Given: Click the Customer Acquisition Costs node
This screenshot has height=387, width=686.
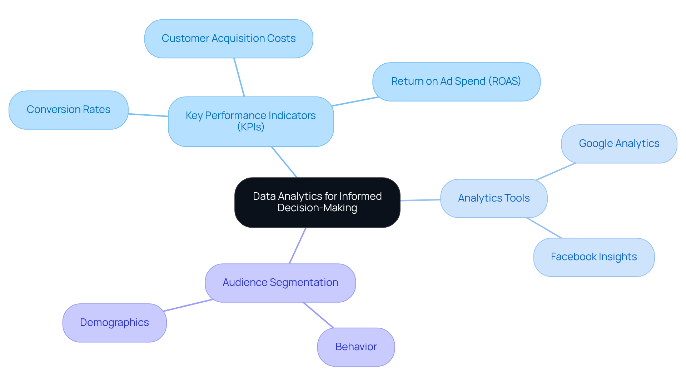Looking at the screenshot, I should click(x=229, y=39).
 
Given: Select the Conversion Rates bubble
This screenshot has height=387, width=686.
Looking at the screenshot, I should click(x=68, y=110).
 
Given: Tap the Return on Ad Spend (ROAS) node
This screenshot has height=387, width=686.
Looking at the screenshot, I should click(x=456, y=82).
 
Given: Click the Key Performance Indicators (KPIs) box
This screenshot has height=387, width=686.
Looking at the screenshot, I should click(x=250, y=121).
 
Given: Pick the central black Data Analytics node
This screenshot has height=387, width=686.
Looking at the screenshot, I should click(x=317, y=202).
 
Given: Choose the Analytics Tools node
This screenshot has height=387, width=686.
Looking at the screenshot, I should click(x=493, y=198).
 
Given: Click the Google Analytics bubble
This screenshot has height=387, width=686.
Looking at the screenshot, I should click(x=619, y=144).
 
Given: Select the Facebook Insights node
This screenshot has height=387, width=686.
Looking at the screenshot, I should click(x=593, y=257).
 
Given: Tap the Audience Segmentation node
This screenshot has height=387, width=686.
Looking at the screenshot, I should click(x=280, y=283).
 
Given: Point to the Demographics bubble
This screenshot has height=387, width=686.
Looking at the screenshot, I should click(x=114, y=323).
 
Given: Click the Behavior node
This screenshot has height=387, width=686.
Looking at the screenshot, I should click(x=356, y=347).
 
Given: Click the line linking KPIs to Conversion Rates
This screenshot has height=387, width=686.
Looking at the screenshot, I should click(x=148, y=115).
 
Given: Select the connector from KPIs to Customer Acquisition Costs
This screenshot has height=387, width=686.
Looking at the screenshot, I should click(x=239, y=77).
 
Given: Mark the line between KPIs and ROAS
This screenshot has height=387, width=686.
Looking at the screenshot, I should click(x=355, y=101).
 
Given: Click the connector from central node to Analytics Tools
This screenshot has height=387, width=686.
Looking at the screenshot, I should click(x=420, y=200).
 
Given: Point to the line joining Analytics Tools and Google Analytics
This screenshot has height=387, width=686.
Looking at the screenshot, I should click(x=556, y=172).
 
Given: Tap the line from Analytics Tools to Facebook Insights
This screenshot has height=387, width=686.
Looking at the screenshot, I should click(x=544, y=228).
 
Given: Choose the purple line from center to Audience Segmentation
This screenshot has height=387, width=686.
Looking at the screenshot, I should click(x=298, y=245).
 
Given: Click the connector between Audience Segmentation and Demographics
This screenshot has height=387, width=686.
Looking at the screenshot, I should click(x=188, y=305).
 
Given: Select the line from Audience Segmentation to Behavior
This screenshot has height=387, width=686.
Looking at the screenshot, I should click(x=318, y=315).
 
